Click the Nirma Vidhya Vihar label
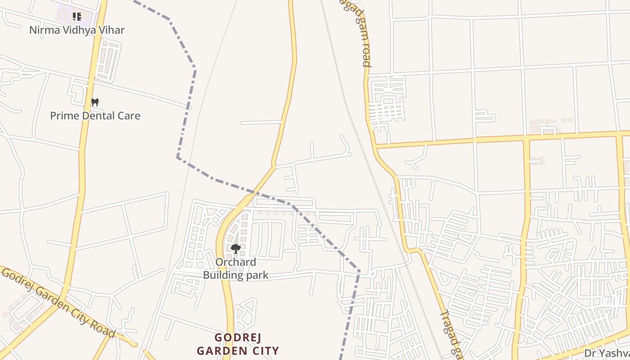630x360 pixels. pyautogui.click(x=77, y=30)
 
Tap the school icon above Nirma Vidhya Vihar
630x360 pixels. pyautogui.click(x=77, y=17)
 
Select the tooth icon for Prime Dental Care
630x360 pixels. pyautogui.click(x=94, y=102)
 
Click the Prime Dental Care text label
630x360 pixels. pyautogui.click(x=95, y=116)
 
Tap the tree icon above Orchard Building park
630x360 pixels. pyautogui.click(x=235, y=248)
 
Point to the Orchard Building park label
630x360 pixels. pyautogui.click(x=236, y=269)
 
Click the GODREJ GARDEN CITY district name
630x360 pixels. pyautogui.click(x=238, y=344)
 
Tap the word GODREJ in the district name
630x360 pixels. pyautogui.click(x=238, y=337)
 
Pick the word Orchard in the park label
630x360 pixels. pyautogui.click(x=236, y=262)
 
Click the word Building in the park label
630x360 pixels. pyautogui.click(x=222, y=275)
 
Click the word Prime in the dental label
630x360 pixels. pyautogui.click(x=63, y=116)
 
